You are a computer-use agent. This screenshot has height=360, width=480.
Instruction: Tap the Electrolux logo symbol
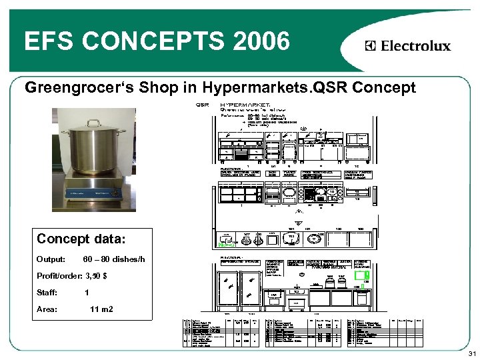tap(371, 46)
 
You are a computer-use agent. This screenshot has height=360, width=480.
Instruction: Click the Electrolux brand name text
tap(415, 46)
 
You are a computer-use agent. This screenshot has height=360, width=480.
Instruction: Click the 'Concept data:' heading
tap(80, 239)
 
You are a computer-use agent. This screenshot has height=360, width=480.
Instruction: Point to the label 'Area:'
tap(47, 309)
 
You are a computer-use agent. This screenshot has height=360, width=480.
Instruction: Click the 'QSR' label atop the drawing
tap(202, 105)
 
